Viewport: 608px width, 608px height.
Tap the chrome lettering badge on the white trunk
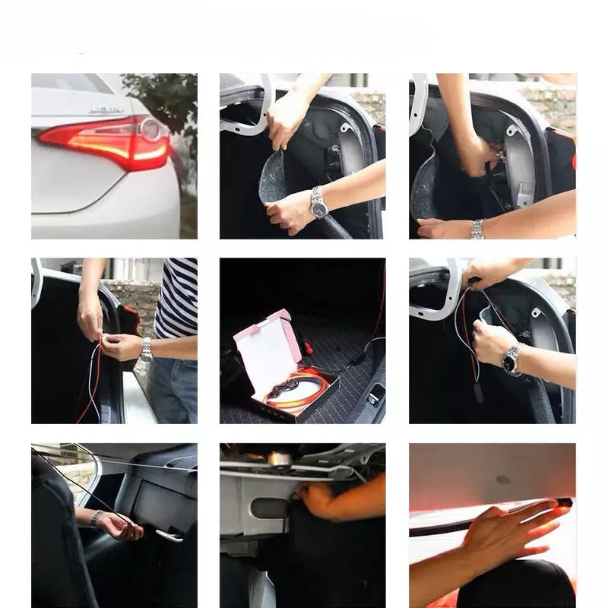[106, 110]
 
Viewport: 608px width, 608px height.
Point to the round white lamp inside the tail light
[150, 129]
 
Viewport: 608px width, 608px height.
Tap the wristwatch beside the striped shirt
[146, 349]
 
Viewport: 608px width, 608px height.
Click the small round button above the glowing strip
[502, 480]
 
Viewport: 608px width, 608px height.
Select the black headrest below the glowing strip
[517, 585]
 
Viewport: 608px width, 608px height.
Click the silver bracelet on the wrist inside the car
[97, 518]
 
